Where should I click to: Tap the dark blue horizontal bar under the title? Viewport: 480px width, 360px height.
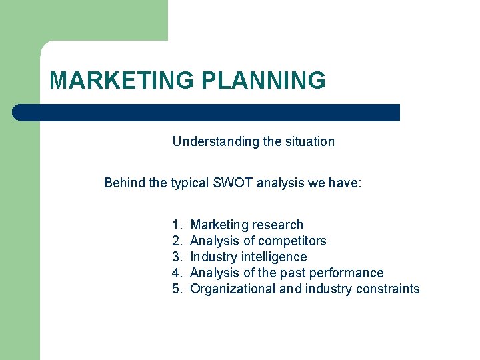pos(207,113)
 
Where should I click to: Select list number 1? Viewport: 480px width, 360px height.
pos(177,225)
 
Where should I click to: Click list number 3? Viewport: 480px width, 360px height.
pos(177,257)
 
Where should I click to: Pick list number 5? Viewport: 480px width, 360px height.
pos(177,289)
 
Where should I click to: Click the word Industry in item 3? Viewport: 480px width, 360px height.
pos(214,257)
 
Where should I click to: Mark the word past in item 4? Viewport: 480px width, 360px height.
pos(295,273)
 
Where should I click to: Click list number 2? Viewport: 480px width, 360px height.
pos(177,241)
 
